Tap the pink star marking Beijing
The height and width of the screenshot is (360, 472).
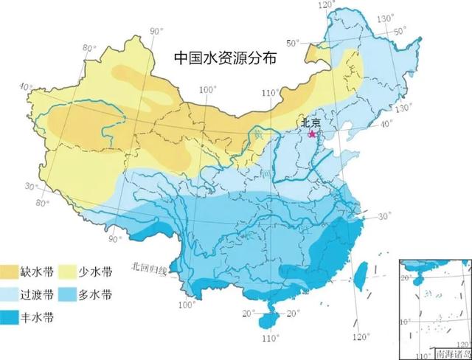312,135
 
